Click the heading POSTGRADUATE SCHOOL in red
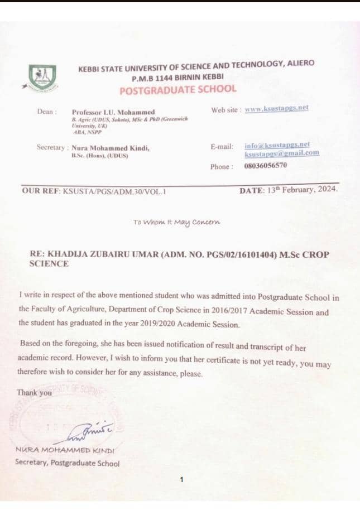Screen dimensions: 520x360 [178, 89]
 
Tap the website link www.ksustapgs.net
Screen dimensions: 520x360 [276, 109]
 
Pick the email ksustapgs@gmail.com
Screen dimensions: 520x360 [281, 153]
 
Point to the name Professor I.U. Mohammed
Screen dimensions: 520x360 [113, 112]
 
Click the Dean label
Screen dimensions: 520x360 [47, 112]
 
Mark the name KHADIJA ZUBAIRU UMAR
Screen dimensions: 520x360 [101, 254]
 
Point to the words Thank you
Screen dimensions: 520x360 [34, 393]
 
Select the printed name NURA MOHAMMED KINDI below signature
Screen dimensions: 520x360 [65, 449]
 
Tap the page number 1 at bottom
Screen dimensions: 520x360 [181, 479]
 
